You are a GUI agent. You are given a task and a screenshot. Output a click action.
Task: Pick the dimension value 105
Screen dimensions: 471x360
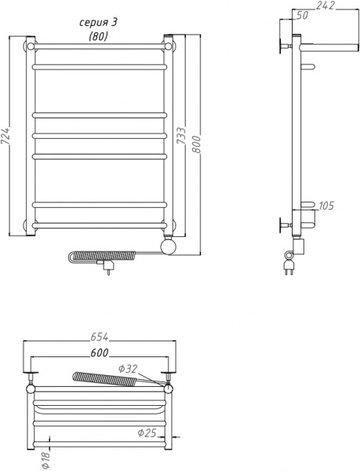pos(326,206)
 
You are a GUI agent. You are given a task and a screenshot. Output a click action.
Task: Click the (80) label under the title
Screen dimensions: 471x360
pos(98,36)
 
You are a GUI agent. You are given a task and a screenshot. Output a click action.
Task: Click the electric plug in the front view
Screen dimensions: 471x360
pos(108,270)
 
